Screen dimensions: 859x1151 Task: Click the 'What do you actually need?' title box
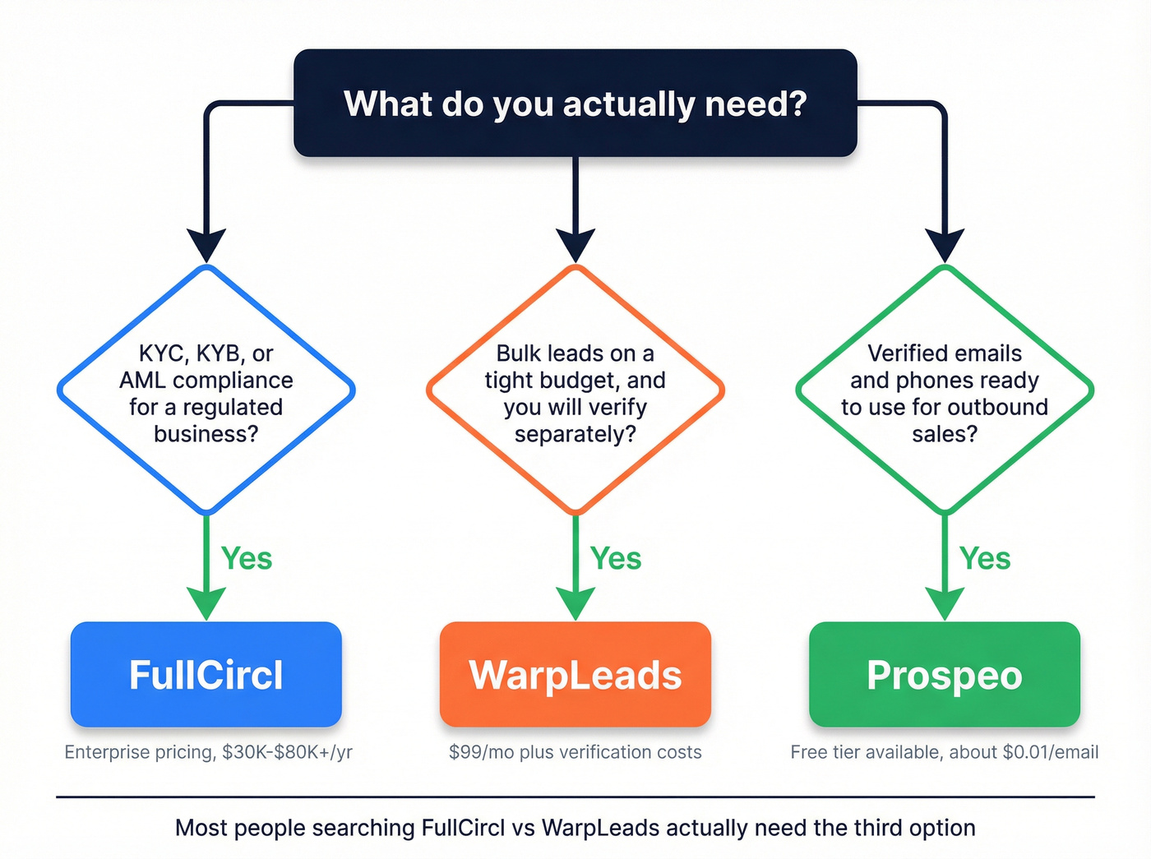coord(575,103)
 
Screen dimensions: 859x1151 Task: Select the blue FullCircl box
coord(206,674)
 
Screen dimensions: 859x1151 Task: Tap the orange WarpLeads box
coord(575,674)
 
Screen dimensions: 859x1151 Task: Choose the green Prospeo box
coord(944,674)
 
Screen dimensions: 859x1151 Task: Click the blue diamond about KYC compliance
coord(206,390)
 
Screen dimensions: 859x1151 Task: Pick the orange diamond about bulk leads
coord(575,390)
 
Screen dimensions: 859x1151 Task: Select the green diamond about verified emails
coord(944,390)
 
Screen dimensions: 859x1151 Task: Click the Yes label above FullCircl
coord(247,559)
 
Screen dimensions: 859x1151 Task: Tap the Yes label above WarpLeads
coord(616,559)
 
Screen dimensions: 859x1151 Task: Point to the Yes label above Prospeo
coord(985,559)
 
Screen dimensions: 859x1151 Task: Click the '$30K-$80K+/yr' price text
coord(287,752)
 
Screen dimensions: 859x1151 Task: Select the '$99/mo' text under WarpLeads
coord(481,752)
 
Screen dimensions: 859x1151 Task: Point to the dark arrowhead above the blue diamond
coord(206,246)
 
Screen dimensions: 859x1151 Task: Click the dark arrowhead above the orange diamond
coord(575,246)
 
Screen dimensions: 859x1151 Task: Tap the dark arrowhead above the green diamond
coord(945,246)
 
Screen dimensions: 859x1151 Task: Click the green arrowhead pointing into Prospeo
coord(945,603)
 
